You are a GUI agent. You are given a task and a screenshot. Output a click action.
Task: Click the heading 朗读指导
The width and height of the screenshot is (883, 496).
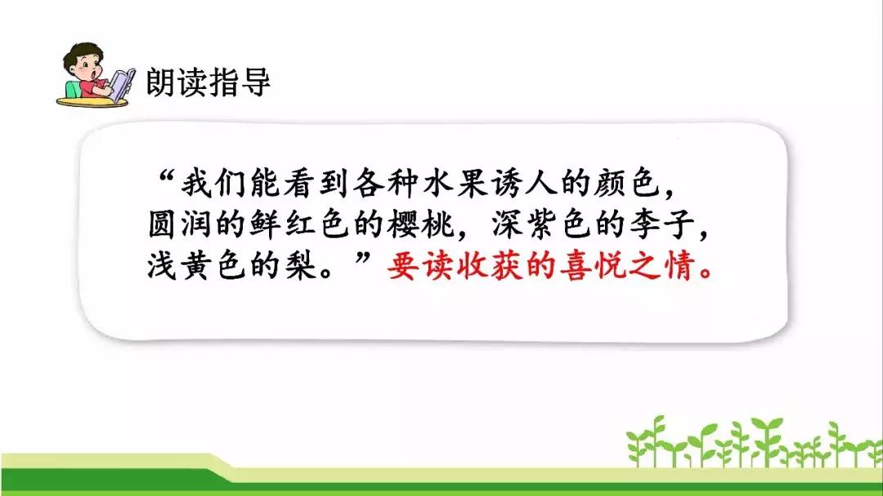point(208,83)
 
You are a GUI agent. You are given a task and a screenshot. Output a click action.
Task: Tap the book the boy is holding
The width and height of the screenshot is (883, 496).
point(122,84)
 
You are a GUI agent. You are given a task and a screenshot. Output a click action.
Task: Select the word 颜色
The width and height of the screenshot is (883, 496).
point(627,183)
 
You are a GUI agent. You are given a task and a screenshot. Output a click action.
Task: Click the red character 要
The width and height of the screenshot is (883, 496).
point(403,266)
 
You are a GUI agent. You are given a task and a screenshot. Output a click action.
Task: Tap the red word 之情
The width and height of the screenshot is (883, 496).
point(662,266)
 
